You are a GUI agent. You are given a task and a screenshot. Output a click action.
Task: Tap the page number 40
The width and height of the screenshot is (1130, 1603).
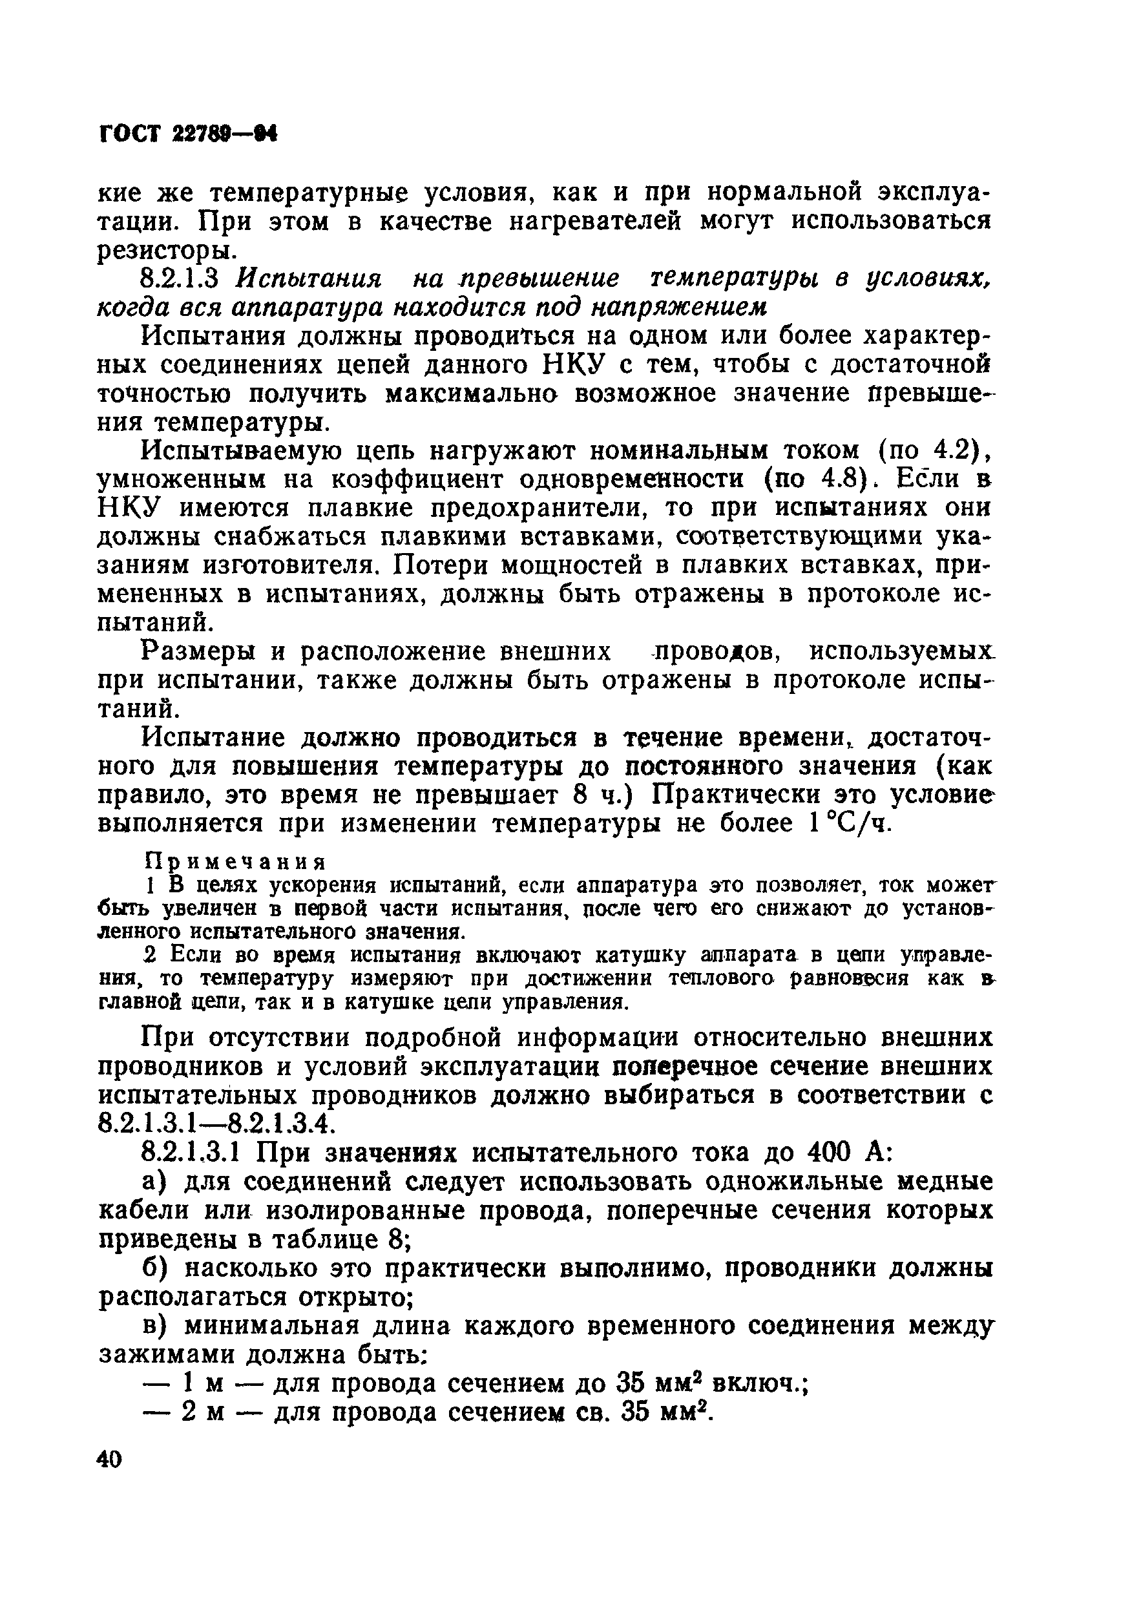[110, 1459]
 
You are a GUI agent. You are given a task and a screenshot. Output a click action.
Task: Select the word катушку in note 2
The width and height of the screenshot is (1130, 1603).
[616, 954]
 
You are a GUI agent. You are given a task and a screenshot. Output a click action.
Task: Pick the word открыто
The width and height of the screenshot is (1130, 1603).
[356, 1297]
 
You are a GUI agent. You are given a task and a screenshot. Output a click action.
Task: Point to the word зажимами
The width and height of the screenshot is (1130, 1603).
[165, 1355]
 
